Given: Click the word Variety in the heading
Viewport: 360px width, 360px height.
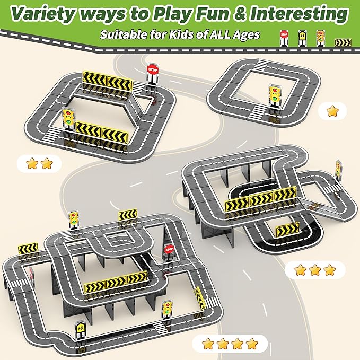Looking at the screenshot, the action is click(x=43, y=14).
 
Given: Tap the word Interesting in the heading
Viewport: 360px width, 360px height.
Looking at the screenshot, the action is click(x=299, y=13).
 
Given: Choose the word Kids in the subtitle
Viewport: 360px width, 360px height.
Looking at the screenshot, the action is click(x=180, y=34).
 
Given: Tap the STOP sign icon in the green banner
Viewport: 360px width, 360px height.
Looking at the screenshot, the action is click(x=284, y=38).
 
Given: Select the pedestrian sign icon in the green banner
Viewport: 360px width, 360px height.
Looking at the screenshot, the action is click(x=302, y=38).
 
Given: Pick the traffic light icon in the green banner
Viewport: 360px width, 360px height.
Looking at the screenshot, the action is click(x=320, y=38).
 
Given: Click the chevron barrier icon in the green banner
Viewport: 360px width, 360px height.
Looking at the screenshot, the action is click(x=343, y=42).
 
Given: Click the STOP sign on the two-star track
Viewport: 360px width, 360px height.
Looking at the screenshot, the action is click(x=153, y=74).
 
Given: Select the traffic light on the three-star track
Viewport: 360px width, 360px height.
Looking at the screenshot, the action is click(x=339, y=169).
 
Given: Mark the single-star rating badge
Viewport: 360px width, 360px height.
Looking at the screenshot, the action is click(x=332, y=111).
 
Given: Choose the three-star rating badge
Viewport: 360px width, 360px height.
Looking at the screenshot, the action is click(x=315, y=270).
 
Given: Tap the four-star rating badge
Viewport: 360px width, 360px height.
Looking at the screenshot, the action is click(x=230, y=344).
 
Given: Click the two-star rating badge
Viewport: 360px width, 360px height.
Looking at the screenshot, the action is click(x=39, y=163).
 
